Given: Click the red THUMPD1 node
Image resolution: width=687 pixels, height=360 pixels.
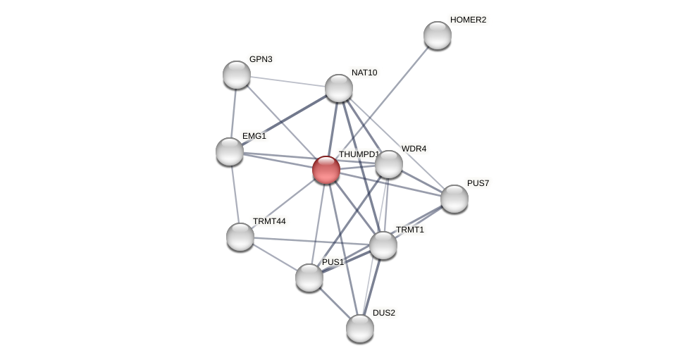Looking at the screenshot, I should coord(326,170).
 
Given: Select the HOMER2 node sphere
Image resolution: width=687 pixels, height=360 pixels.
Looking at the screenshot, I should coord(438,35).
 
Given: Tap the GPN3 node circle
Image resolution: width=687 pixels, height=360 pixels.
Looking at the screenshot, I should coord(237,75).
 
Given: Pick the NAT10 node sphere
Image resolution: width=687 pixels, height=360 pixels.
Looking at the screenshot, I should coord(339,88).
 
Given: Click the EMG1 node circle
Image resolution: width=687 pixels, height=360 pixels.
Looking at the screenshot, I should coord(230,151).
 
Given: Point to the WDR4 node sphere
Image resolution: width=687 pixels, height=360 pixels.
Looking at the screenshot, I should coord(389,164).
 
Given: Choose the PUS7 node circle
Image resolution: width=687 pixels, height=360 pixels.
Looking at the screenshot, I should coord(454,199).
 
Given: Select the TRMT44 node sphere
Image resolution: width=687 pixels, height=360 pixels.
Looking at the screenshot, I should coord(240,237).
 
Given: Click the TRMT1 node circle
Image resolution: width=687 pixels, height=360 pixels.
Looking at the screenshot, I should coord(383,245).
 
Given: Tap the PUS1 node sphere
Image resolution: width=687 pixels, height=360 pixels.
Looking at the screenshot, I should coord(309,278).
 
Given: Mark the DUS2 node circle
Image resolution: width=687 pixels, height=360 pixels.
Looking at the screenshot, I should coord(360,328).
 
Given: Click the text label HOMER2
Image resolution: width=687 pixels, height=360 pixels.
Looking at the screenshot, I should coord(468,20).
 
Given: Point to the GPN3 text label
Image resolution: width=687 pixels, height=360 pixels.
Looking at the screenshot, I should coord(261,59).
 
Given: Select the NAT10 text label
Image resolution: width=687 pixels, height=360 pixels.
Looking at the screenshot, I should coord(364,73).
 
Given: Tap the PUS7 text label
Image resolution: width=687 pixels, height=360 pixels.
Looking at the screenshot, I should coord(478,183).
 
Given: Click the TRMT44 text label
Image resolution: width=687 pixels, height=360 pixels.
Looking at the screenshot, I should coord(269,221).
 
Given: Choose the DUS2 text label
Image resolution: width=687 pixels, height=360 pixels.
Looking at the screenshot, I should coord(384,313).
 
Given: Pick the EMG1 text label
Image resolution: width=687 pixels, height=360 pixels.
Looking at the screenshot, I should coord(254,136).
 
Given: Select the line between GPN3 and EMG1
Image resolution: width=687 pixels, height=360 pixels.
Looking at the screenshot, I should coord(233,113).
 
